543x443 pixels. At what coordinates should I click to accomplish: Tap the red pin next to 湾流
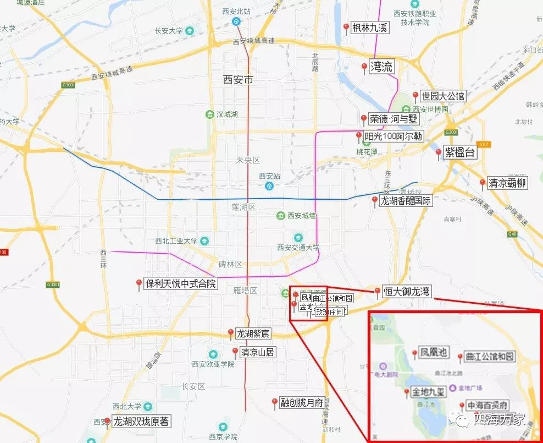click(x=364, y=67)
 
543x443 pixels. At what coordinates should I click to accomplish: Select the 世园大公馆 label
click(x=443, y=96)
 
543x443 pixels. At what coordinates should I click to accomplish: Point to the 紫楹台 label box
click(x=459, y=152)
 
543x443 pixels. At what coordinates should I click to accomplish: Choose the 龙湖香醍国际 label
click(x=406, y=201)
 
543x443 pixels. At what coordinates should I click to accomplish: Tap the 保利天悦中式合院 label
click(x=181, y=284)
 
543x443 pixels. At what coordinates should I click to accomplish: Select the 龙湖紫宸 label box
click(x=253, y=333)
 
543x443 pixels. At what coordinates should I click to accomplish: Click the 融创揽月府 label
click(x=301, y=403)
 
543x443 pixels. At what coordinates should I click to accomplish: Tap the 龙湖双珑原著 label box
click(x=141, y=422)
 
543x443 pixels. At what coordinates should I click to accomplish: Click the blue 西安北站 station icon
click(x=236, y=21)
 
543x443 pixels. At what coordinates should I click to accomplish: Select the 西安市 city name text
click(x=239, y=80)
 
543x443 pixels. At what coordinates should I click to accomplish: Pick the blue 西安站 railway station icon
click(x=270, y=186)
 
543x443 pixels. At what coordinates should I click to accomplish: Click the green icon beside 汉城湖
click(x=209, y=114)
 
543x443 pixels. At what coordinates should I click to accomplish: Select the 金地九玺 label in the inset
click(x=429, y=392)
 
